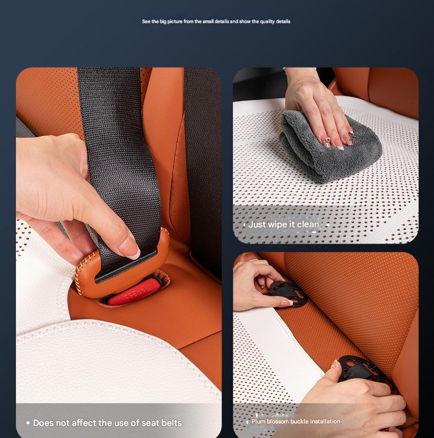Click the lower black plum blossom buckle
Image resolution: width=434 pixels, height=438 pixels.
click(x=360, y=369)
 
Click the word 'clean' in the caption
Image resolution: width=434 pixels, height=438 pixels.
click(x=308, y=224)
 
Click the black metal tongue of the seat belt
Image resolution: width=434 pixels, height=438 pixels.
click(x=126, y=266)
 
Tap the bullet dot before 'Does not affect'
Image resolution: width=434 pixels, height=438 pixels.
click(x=28, y=423)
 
